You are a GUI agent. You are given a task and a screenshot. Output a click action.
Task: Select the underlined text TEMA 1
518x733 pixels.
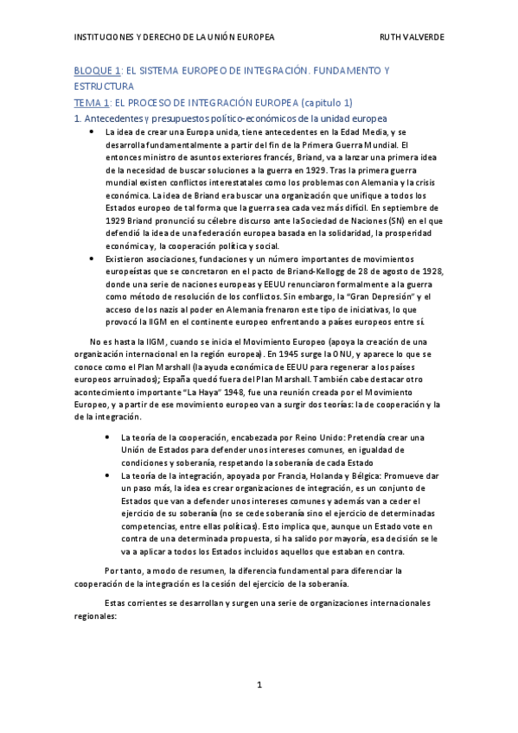tap(96, 102)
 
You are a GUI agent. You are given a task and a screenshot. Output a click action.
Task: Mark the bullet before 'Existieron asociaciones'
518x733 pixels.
tap(92, 258)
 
